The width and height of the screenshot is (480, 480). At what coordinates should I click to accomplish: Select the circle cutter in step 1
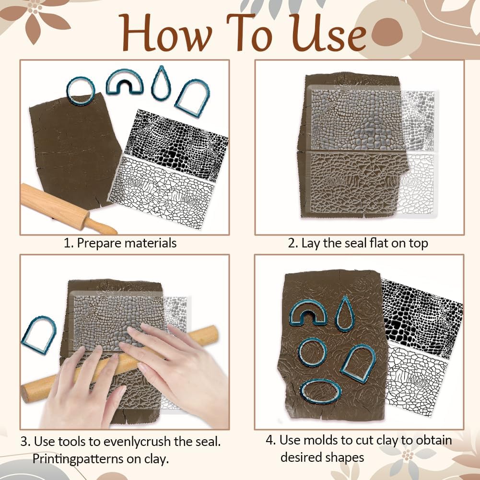click(x=80, y=90)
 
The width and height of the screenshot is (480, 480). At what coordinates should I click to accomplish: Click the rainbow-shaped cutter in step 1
click(x=124, y=81)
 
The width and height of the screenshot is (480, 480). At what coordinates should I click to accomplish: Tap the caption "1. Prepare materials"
click(x=120, y=243)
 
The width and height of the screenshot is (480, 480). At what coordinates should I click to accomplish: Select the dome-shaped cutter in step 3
click(x=39, y=335)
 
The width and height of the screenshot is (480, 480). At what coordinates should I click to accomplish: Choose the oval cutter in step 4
click(x=321, y=391)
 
